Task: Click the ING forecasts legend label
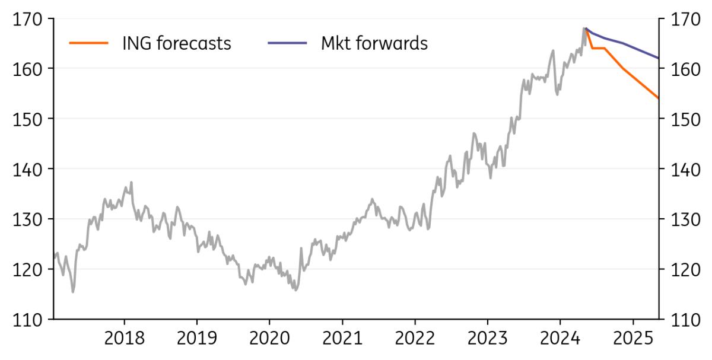click(176, 43)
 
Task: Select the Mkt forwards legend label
click(374, 43)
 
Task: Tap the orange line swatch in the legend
click(89, 43)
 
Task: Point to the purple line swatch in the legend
click(287, 43)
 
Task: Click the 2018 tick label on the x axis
click(125, 339)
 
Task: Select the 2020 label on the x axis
click(269, 339)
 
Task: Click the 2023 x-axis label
click(487, 339)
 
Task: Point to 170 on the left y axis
click(27, 19)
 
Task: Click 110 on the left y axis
click(27, 320)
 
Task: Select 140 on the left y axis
click(27, 170)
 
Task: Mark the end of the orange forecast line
click(659, 98)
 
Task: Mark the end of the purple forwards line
click(659, 58)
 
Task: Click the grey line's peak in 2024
click(584, 28)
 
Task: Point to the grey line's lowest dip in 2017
click(73, 292)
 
